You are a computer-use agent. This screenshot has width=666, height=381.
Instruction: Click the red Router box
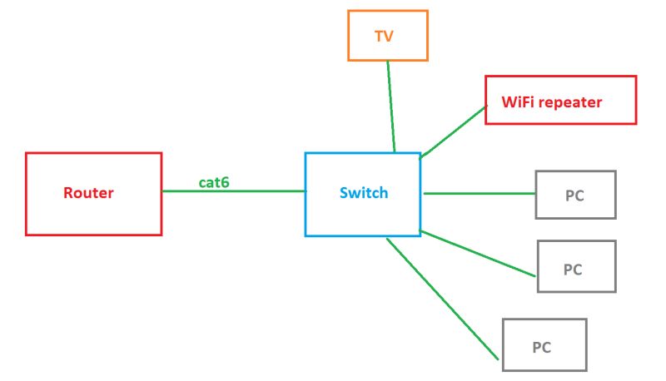click(93, 216)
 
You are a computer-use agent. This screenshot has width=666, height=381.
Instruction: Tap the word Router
click(88, 193)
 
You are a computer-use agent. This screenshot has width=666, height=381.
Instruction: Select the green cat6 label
click(214, 181)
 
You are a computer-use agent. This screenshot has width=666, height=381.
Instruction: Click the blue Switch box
click(362, 216)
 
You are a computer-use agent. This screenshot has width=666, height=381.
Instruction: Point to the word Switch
click(364, 193)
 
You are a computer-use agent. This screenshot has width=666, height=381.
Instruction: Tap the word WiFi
click(519, 102)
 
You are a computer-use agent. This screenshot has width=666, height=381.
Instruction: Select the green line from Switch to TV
click(391, 106)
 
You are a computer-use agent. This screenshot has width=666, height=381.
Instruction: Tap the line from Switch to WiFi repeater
click(454, 131)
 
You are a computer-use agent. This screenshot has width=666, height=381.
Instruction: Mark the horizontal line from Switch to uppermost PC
click(479, 194)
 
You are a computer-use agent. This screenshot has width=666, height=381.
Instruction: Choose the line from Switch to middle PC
click(477, 253)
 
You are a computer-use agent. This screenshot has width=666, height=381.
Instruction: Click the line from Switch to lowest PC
click(443, 299)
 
